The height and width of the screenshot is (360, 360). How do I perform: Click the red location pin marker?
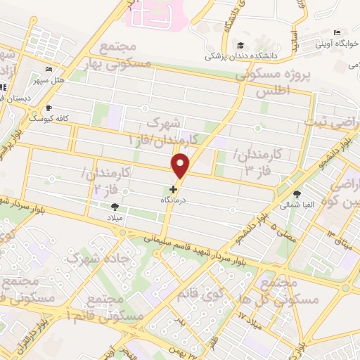[181, 166]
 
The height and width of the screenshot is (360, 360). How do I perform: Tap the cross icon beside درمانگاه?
[174, 189]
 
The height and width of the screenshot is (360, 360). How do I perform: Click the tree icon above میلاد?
[115, 206]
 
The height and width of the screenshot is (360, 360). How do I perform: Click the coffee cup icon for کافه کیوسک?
[49, 108]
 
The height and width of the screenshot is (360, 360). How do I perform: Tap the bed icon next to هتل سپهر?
[49, 69]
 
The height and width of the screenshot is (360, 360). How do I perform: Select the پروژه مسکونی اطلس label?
[274, 82]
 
